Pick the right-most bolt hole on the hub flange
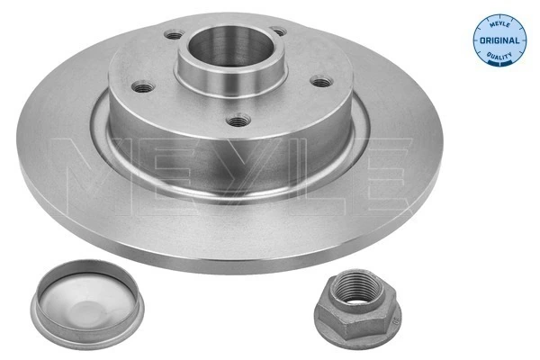coord(320,80)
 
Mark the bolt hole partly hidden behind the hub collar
coord(278,32)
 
